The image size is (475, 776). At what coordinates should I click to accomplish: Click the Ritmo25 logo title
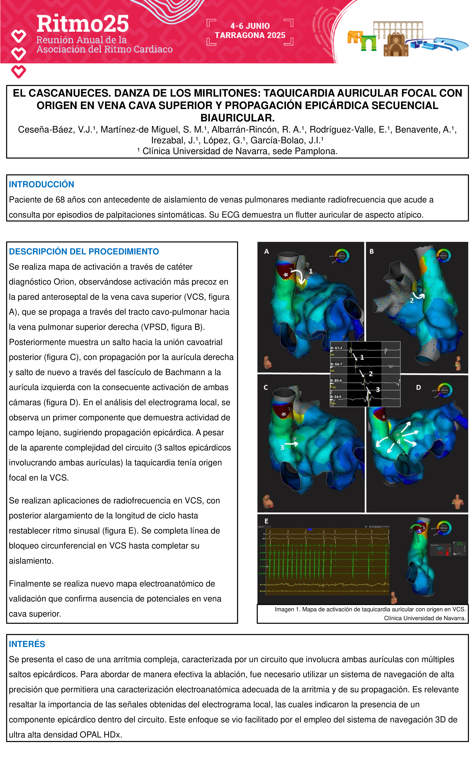click(x=83, y=24)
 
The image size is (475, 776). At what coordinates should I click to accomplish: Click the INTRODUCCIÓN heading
click(x=41, y=184)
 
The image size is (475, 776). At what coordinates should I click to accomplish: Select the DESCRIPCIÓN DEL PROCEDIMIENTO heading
click(x=84, y=251)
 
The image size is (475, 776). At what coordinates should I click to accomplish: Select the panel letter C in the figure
click(x=266, y=387)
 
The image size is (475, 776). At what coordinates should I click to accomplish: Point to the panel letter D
click(x=418, y=387)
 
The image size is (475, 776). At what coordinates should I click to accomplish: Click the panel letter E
click(x=266, y=521)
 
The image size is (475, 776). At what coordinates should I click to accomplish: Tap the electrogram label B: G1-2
click(x=336, y=348)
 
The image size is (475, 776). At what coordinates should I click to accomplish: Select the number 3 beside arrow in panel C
click(x=282, y=447)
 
